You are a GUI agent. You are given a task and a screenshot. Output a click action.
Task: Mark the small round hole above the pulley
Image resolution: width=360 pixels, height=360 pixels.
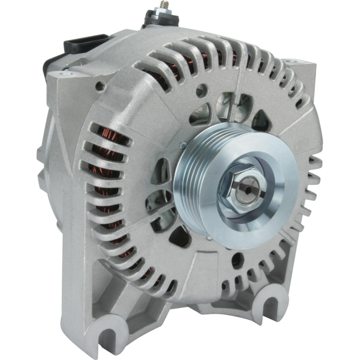201,90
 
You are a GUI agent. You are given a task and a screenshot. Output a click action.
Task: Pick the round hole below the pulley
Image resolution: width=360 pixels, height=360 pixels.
237,260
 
